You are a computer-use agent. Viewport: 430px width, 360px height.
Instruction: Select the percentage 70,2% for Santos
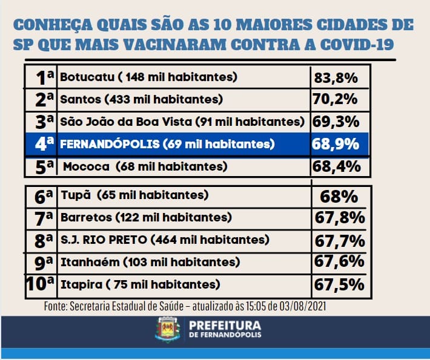[336, 99]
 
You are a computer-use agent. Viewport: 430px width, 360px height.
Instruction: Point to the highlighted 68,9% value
[336, 144]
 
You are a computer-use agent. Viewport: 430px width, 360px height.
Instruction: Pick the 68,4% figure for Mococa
[336, 166]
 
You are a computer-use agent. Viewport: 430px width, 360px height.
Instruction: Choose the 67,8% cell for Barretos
[339, 217]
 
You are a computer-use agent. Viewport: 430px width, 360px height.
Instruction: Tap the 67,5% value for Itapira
[339, 284]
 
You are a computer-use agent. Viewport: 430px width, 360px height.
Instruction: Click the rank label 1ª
[45, 77]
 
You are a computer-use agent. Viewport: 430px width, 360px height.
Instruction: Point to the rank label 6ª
[45, 195]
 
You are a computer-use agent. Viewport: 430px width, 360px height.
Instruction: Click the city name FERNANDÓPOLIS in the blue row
[108, 144]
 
